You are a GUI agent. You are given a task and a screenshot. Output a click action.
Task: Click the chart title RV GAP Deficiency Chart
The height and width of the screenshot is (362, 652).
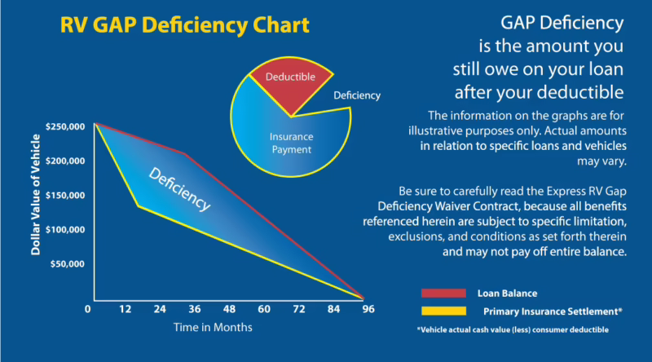pos(185,25)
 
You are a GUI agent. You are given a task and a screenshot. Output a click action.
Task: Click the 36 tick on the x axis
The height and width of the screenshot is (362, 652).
pos(195,310)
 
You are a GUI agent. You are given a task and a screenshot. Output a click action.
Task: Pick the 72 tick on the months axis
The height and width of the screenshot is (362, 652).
pos(298,310)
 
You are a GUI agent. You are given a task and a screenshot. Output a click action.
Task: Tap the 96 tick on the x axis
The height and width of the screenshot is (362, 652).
pos(368,310)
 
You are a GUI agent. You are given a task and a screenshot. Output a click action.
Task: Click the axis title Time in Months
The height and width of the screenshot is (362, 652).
pos(212,327)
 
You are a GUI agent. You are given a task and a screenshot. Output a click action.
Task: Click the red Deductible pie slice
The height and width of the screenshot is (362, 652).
pos(290,86)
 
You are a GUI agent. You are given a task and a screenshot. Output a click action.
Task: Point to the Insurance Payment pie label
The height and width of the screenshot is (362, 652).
pos(291,143)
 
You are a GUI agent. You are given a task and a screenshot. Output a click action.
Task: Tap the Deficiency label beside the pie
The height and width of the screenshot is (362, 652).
pos(357,95)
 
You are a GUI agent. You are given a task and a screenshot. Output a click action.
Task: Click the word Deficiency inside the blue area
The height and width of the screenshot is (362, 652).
pos(178,187)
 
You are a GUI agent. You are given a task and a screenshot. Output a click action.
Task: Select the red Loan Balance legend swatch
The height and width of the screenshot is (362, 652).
pos(443,293)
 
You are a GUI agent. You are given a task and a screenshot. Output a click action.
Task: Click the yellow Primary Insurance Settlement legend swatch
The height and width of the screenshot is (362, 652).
pos(443,311)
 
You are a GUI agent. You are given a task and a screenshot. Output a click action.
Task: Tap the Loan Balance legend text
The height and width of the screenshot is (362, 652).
pos(508,293)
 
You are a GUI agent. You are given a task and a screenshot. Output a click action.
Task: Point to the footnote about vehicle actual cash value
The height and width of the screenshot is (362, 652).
pos(512,329)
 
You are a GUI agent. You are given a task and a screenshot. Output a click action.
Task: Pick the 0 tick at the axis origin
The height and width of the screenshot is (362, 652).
pos(87,310)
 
